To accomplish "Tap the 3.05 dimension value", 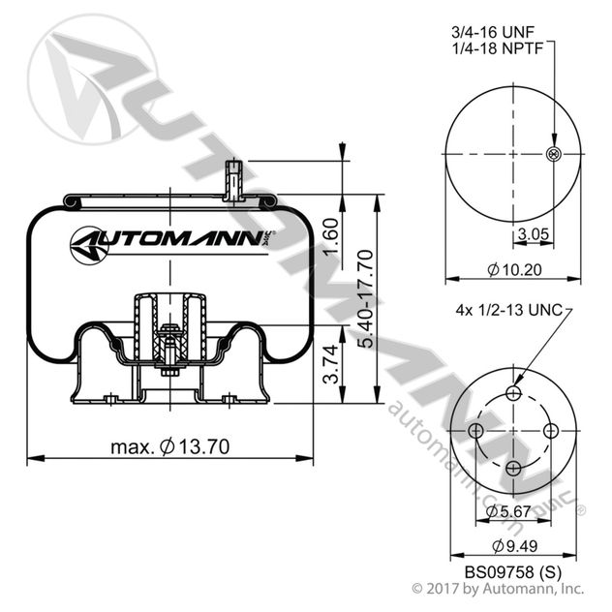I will click(x=533, y=233).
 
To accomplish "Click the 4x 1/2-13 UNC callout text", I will click(x=508, y=311).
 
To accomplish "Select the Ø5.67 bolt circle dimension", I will click(x=506, y=510).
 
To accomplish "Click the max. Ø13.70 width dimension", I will click(x=171, y=446).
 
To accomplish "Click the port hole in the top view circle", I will click(x=553, y=155).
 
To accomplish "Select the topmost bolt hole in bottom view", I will click(x=514, y=392).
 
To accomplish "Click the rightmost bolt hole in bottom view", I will click(x=553, y=431).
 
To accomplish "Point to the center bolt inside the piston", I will click(x=170, y=349).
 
